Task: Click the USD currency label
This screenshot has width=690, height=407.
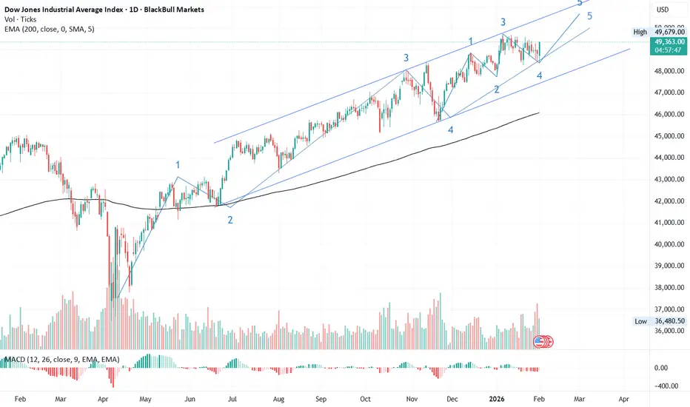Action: tap(663, 10)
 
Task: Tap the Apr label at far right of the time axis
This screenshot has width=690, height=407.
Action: tap(623, 397)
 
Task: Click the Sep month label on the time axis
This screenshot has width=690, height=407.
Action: tap(320, 397)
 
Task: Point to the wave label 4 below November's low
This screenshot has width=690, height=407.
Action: tap(450, 129)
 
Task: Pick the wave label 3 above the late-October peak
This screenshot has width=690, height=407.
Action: tap(406, 57)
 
